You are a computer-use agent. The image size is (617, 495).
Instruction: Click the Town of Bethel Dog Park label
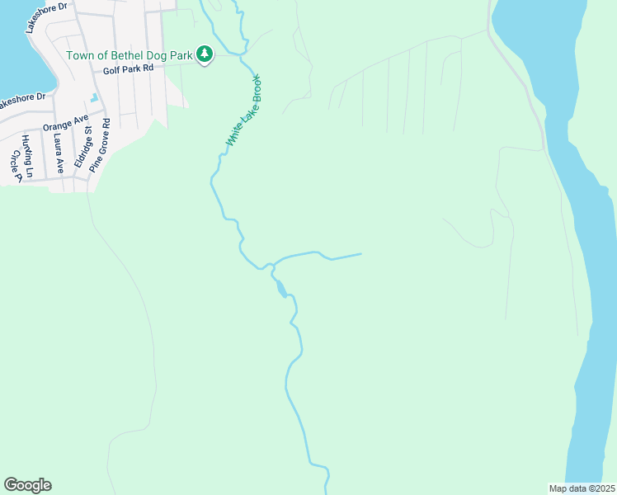[130, 56]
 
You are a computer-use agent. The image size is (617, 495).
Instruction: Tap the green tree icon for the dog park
[205, 55]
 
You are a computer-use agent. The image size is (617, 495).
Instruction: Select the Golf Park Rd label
[129, 70]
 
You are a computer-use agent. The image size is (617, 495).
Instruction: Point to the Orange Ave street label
[66, 123]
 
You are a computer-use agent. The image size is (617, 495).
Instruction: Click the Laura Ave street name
[59, 153]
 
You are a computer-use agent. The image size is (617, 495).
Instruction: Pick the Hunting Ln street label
[27, 157]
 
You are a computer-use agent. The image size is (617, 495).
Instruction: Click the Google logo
[27, 485]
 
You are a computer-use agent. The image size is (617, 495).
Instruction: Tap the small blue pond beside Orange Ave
[94, 98]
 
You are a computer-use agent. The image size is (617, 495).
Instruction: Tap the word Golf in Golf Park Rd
[113, 70]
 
